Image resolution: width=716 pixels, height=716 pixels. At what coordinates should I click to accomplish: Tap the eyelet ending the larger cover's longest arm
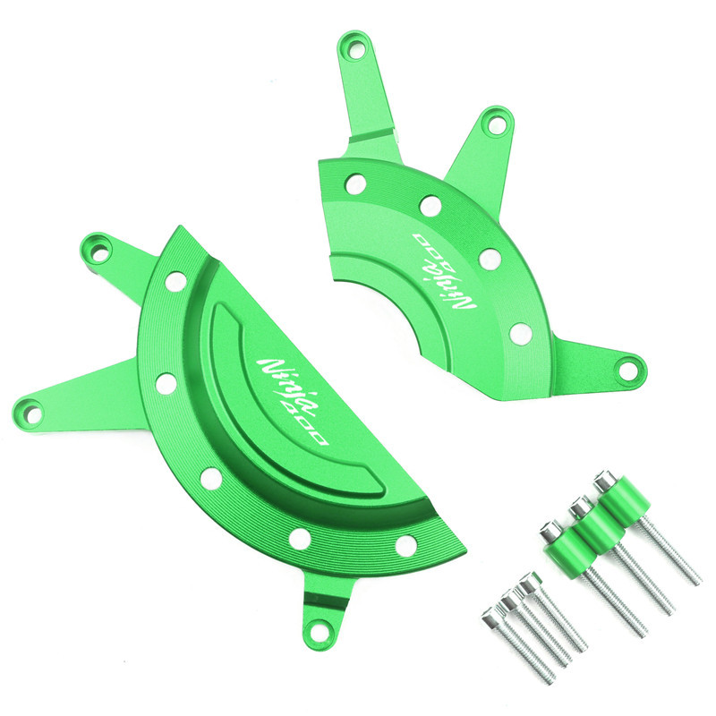click(33, 408)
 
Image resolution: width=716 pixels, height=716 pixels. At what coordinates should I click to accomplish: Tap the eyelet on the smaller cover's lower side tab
click(629, 366)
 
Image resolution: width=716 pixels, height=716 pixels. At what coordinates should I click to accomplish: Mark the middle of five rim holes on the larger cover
click(211, 479)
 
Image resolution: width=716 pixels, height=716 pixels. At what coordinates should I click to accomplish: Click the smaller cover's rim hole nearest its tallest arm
click(355, 184)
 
